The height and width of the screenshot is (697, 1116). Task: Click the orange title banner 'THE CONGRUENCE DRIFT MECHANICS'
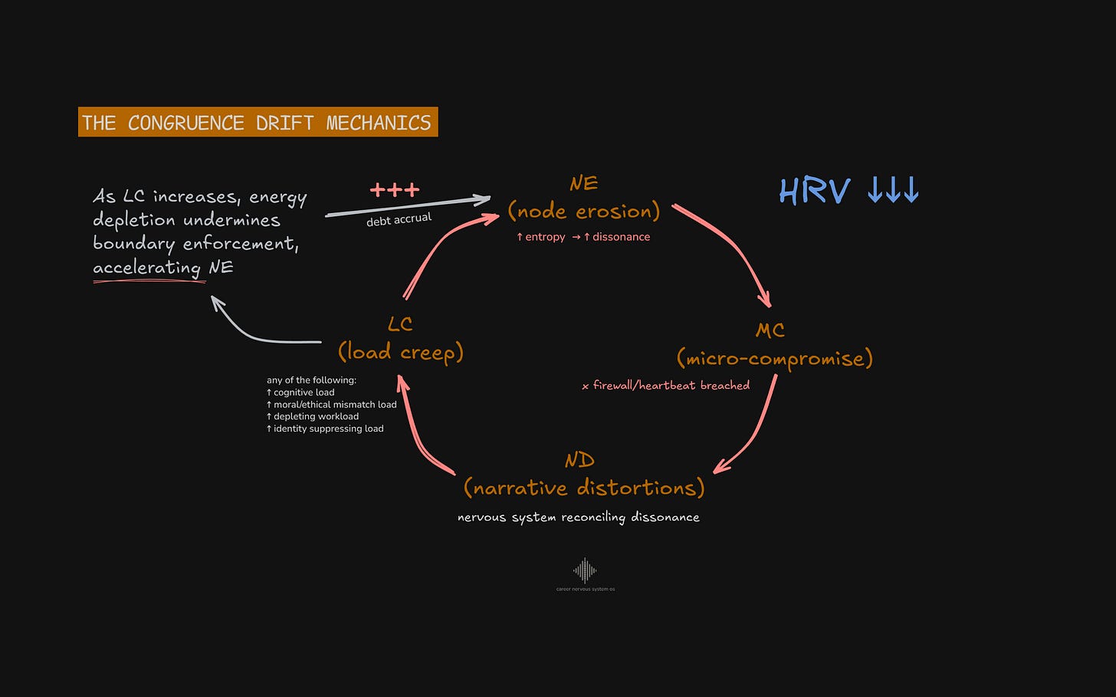[258, 123]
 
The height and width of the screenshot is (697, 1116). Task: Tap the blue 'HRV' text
[815, 191]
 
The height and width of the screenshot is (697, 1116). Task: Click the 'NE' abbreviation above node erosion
[583, 183]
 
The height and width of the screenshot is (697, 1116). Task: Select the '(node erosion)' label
[583, 212]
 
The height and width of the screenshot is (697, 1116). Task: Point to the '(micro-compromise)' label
[774, 358]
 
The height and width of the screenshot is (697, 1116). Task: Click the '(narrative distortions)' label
[583, 488]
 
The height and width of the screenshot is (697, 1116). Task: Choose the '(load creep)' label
[400, 352]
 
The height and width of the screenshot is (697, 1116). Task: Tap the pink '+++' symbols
[395, 189]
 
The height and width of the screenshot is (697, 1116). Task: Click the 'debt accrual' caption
[399, 220]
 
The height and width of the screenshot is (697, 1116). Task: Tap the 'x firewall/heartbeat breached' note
[665, 386]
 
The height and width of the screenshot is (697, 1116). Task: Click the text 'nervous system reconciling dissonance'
[578, 518]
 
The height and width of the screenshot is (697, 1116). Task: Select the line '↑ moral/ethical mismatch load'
[331, 404]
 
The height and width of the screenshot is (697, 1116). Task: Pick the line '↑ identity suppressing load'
[325, 429]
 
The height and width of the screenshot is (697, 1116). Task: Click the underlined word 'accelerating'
[146, 268]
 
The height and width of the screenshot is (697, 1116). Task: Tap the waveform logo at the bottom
[585, 570]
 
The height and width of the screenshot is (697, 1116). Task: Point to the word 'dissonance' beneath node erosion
[621, 237]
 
